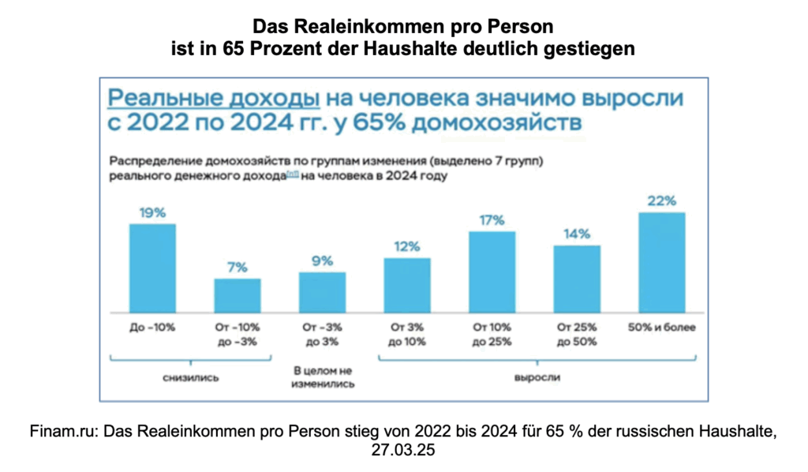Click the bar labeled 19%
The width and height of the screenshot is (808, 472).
click(152, 268)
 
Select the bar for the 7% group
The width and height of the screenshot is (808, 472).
click(238, 294)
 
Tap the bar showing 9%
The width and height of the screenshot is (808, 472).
click(322, 291)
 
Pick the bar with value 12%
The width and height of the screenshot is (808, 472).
click(407, 284)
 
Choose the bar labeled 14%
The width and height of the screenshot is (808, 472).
click(577, 278)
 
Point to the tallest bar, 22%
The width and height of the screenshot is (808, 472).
click(661, 261)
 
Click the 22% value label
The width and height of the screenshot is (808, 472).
click(661, 200)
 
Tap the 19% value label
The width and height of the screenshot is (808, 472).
click(152, 212)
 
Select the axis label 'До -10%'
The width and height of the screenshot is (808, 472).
click(152, 327)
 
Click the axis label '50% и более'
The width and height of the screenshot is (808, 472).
click(661, 327)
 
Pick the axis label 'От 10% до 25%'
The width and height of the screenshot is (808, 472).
click(492, 334)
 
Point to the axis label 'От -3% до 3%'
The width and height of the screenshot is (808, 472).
click(322, 334)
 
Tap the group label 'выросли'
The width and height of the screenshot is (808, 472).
click(537, 377)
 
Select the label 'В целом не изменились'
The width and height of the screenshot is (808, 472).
click(322, 377)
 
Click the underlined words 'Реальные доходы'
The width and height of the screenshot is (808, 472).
click(213, 99)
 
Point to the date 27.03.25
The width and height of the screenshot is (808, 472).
click(404, 449)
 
